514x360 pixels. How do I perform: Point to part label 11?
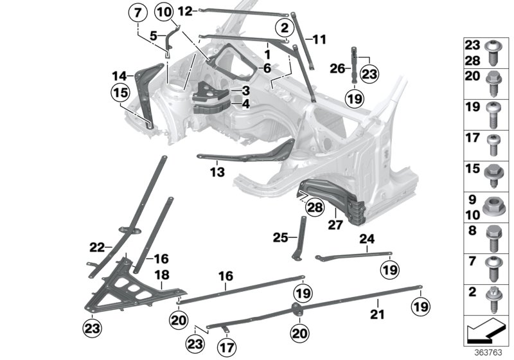319,39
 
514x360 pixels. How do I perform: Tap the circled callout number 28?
314,206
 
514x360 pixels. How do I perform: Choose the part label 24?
366,239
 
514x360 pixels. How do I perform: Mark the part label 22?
96,246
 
